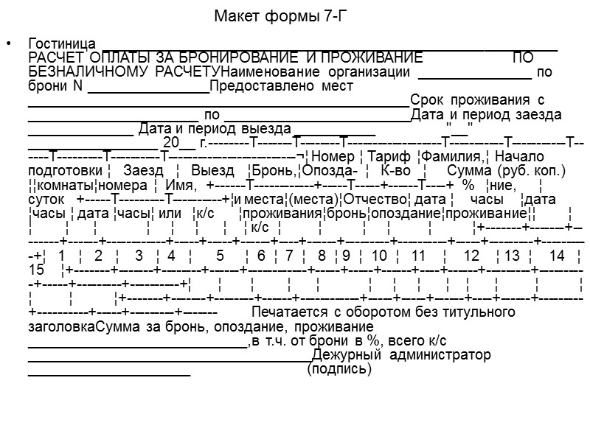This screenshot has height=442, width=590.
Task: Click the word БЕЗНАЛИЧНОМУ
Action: pos(88,72)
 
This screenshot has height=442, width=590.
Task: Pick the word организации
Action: pos(369,72)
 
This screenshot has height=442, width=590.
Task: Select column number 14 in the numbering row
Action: pos(557,256)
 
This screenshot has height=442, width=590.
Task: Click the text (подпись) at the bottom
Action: pos(339,369)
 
